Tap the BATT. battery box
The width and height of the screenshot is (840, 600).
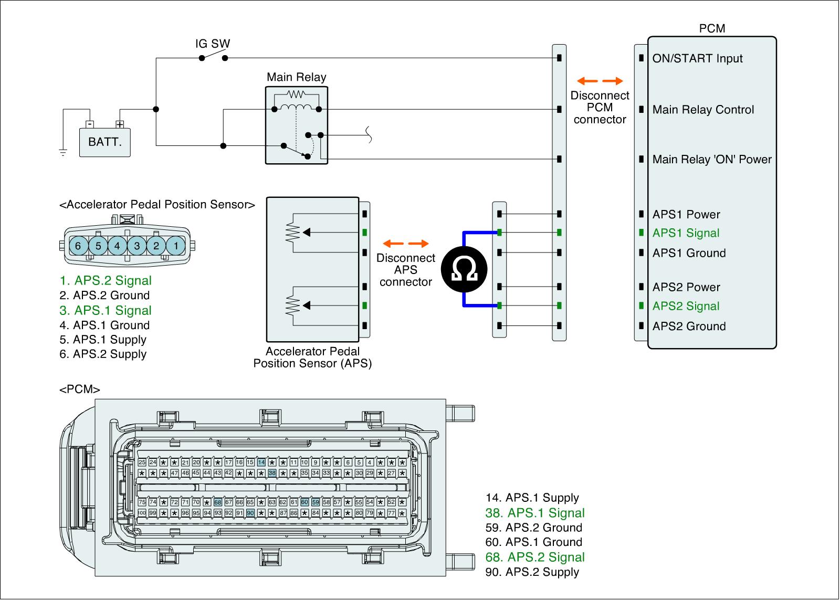point(104,141)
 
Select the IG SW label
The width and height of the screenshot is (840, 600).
point(213,44)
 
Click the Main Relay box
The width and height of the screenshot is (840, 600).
point(297,125)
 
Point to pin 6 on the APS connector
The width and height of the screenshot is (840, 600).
point(78,246)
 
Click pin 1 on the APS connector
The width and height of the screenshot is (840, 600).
point(176,246)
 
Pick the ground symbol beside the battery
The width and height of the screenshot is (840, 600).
point(63,153)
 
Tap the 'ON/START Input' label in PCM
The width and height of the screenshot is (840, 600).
point(697,58)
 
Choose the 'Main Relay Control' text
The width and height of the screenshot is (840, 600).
point(703,110)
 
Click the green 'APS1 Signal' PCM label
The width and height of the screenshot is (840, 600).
point(686,233)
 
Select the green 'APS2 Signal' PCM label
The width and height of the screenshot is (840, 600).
point(686,306)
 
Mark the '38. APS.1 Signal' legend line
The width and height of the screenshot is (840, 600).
point(535,513)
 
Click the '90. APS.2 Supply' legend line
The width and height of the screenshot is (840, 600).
point(532,572)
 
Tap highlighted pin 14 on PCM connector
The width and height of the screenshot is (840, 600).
point(261,462)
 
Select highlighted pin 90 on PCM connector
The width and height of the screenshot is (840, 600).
point(250,513)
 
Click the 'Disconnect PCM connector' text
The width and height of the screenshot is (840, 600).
point(600,107)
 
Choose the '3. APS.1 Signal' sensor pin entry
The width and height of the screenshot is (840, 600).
point(106,310)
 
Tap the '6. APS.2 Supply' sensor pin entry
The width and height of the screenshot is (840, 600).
point(103,354)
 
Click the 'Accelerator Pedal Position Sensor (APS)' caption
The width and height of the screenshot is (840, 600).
point(312,357)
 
